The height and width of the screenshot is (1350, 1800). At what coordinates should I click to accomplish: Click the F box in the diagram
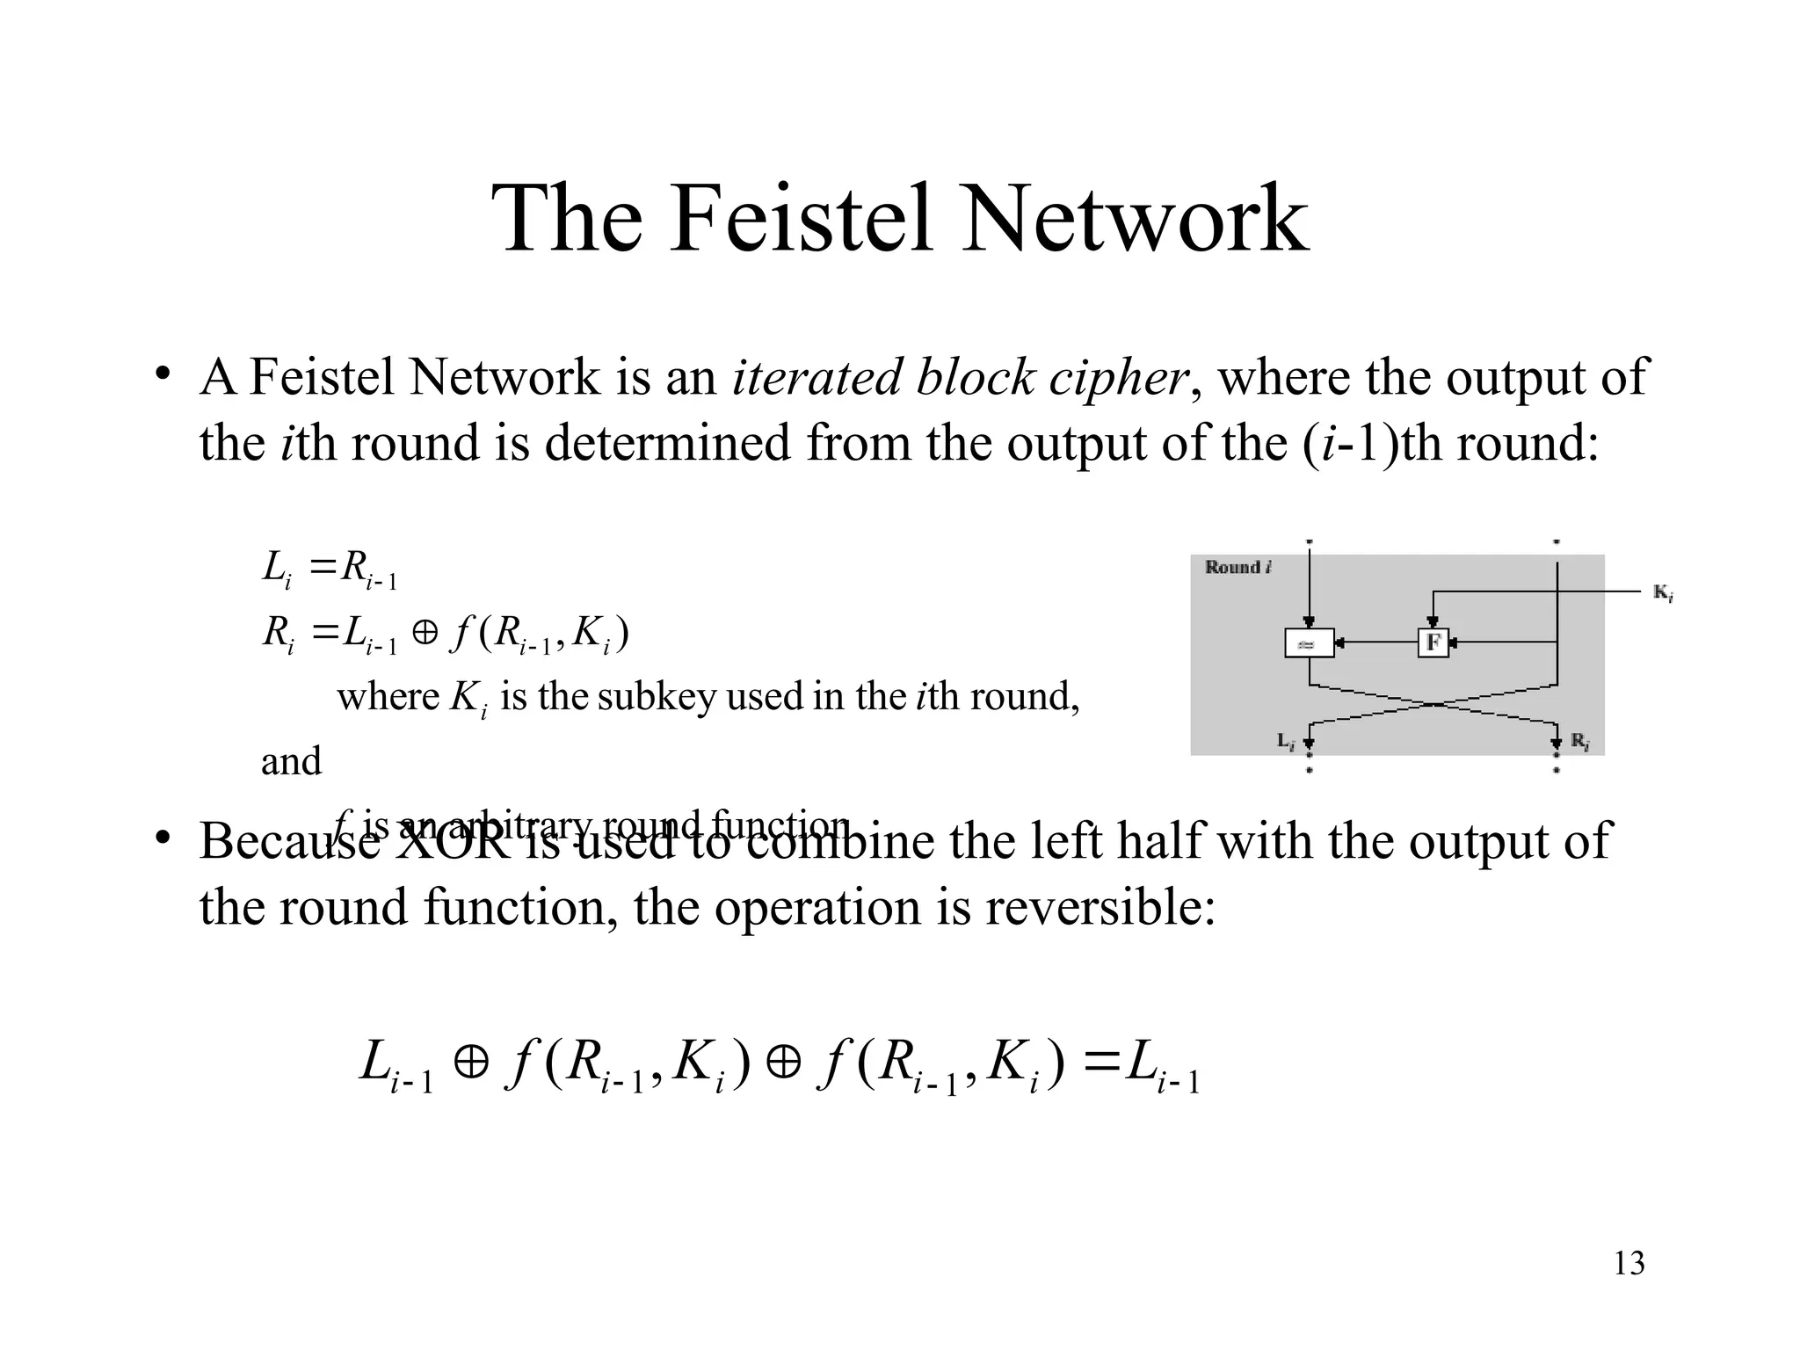(x=1433, y=642)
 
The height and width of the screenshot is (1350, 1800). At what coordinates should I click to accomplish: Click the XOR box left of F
(x=1309, y=643)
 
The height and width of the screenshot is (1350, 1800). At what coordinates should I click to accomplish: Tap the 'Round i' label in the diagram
(x=1238, y=568)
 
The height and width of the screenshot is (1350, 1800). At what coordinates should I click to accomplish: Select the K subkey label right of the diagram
(x=1663, y=592)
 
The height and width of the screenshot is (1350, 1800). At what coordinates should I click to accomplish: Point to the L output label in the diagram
(x=1285, y=742)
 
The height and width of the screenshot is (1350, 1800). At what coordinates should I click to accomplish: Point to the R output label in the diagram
(x=1579, y=742)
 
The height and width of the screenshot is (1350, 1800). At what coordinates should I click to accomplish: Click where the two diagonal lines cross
(x=1433, y=704)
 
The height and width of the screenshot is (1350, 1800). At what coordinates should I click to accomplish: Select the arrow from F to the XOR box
(x=1375, y=643)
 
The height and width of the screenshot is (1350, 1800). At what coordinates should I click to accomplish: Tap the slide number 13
(x=1629, y=1263)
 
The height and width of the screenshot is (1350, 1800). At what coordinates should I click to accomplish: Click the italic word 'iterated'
(x=816, y=378)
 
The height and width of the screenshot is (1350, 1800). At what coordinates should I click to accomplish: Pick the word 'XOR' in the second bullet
(x=453, y=841)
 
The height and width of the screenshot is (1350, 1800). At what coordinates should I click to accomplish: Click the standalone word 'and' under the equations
(x=291, y=761)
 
